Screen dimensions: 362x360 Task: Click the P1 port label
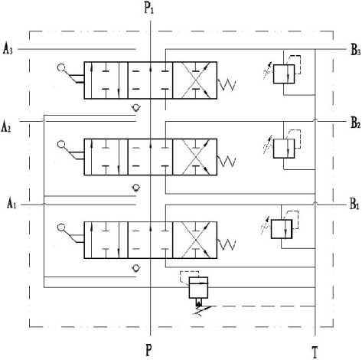click(149, 8)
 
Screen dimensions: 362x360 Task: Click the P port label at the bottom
click(148, 350)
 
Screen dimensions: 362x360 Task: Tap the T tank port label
click(315, 352)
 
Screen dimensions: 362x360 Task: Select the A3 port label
click(8, 49)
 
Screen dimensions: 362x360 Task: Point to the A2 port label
click(6, 126)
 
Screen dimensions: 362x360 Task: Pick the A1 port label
click(11, 204)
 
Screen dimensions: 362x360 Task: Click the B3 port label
click(355, 50)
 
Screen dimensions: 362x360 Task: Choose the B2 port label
click(355, 123)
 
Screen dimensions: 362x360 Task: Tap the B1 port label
click(354, 205)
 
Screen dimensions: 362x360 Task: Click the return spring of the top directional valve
click(227, 84)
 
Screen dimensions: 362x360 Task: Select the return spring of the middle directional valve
click(227, 162)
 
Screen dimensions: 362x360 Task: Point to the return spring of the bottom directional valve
click(227, 244)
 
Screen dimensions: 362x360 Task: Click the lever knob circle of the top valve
click(61, 67)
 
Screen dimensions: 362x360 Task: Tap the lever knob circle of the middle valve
click(61, 144)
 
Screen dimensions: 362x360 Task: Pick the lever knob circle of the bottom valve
click(61, 227)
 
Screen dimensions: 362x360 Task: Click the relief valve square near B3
click(284, 74)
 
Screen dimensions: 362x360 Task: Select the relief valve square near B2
click(284, 149)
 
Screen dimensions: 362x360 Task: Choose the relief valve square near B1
click(282, 229)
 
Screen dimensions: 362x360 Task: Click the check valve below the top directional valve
click(136, 107)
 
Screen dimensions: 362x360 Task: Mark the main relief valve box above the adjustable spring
click(198, 287)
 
